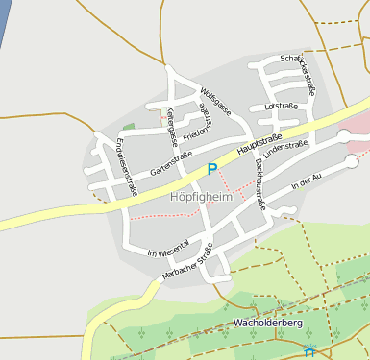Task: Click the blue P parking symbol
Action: tap(212, 169)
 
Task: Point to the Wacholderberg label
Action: tap(268, 324)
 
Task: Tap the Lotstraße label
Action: tap(280, 107)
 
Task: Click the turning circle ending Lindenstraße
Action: tap(345, 136)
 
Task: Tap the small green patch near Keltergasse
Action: tap(128, 127)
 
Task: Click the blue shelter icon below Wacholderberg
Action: tap(308, 352)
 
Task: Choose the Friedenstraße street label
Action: tap(196, 133)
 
